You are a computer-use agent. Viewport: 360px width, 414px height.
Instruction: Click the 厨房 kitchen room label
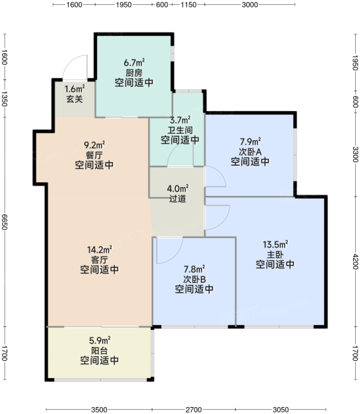coord(134,72)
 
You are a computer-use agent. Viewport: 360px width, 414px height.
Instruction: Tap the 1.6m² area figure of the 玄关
coord(74,89)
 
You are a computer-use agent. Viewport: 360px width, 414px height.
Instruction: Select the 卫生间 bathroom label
coord(180,130)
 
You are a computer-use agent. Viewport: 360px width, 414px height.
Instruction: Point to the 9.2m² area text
coord(94,145)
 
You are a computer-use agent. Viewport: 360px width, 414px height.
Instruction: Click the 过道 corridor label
coord(178,199)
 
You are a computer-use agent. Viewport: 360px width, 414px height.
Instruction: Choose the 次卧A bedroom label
coord(250,152)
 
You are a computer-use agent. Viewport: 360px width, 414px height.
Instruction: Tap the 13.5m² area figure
coord(275,244)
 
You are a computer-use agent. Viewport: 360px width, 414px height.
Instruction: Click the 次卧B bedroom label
coord(194,279)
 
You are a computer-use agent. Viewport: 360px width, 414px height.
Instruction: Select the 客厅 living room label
coord(99,260)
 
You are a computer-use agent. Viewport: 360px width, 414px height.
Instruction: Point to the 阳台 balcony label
coord(99,351)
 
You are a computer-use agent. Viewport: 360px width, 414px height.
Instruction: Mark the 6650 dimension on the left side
coord(4,221)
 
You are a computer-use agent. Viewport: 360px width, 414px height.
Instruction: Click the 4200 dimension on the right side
coord(355,262)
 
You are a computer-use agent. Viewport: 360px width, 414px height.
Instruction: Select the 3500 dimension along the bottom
coord(99,410)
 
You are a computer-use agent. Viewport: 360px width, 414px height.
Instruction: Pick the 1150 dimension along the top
coord(188,5)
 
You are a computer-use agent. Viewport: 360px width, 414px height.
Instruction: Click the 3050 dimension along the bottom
coord(281,410)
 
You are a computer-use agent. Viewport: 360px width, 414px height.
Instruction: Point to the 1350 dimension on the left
coord(4,99)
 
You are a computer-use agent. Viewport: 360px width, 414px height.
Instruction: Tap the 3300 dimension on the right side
coord(355,155)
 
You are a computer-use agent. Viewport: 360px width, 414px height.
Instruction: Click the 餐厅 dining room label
coord(94,155)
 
